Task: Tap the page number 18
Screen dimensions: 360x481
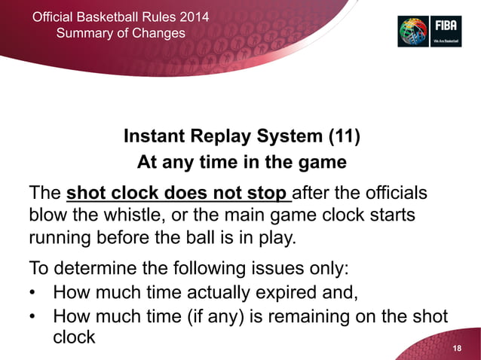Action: (x=456, y=345)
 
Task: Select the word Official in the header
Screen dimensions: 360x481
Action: (x=58, y=17)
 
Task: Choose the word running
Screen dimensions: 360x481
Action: (x=60, y=239)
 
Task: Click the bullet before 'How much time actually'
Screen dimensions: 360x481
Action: (x=35, y=291)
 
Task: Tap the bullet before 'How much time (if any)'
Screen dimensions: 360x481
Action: (x=35, y=316)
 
